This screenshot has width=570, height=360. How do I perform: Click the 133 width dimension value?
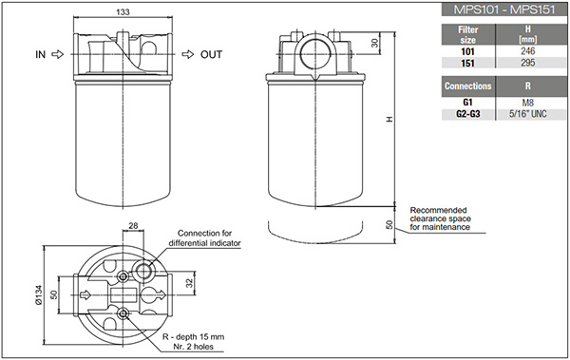tap(123, 11)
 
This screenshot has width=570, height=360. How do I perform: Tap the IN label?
tap(40, 54)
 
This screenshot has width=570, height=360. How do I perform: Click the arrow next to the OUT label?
tap(188, 54)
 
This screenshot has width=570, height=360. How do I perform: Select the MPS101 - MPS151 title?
tap(504, 9)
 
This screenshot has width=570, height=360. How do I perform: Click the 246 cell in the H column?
tap(528, 51)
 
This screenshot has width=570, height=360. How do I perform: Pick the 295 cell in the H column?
tap(528, 63)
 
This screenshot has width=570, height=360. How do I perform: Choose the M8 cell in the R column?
tap(528, 103)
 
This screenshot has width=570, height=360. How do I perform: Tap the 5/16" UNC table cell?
tap(528, 114)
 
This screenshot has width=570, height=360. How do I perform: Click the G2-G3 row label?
tap(468, 114)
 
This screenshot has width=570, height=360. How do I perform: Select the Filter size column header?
tap(468, 34)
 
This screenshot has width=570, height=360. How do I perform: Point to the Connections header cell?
tap(468, 86)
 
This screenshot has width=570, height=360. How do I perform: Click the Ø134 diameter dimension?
tap(39, 294)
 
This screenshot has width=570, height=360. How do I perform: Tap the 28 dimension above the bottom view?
tap(133, 226)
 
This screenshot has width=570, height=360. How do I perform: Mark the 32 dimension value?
tap(190, 282)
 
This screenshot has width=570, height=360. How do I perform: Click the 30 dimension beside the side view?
tap(374, 43)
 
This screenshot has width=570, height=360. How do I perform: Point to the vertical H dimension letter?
tap(389, 120)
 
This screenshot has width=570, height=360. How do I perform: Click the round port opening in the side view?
tap(315, 54)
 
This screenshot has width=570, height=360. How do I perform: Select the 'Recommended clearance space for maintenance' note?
tap(440, 218)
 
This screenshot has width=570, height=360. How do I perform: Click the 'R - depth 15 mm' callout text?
tap(193, 336)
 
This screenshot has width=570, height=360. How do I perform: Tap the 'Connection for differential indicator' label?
tap(204, 238)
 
